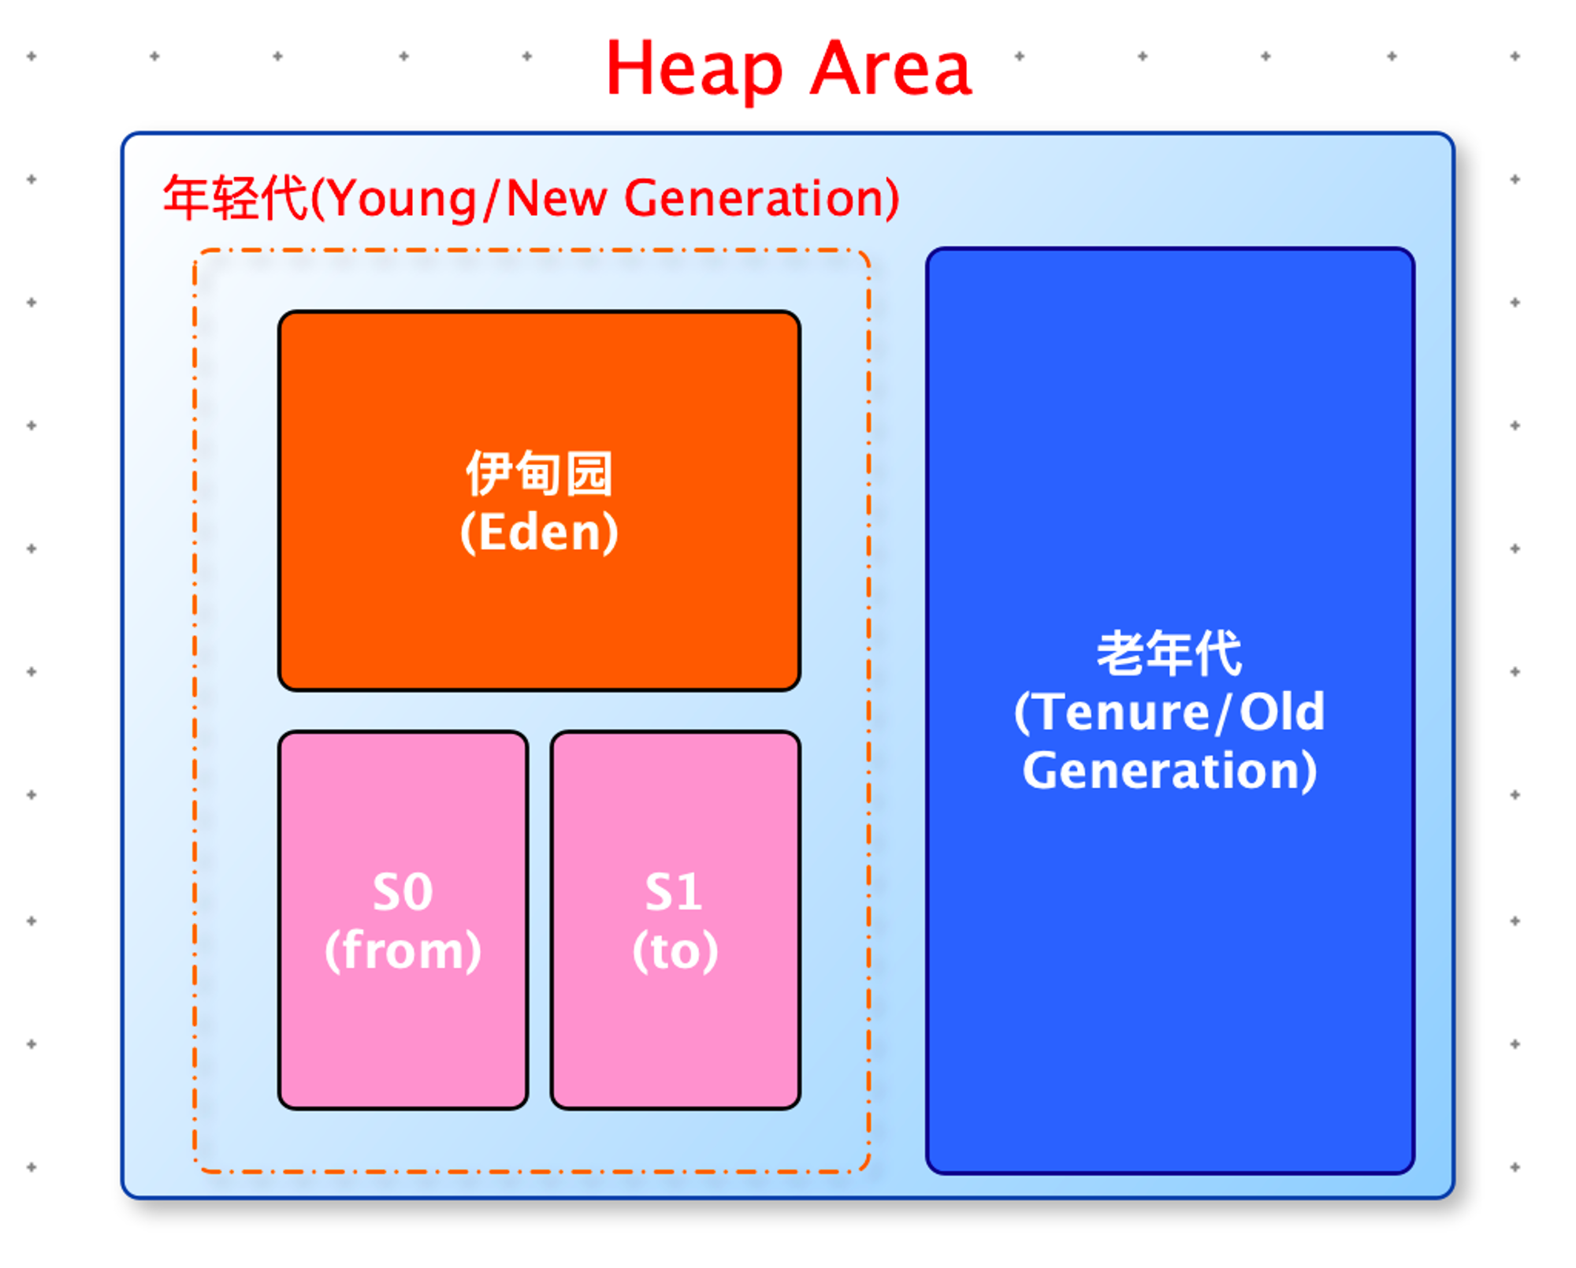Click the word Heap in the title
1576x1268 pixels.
point(694,71)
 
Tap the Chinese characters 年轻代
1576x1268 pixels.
point(235,198)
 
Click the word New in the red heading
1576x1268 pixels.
point(556,198)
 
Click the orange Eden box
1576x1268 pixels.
point(539,500)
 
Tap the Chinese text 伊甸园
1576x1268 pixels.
point(539,473)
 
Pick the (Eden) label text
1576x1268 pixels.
point(539,532)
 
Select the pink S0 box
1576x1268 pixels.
point(403,920)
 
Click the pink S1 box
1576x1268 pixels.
point(675,920)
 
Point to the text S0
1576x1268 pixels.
point(403,892)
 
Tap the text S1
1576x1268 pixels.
point(674,892)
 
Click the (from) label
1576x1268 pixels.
point(403,950)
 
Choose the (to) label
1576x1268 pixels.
point(675,950)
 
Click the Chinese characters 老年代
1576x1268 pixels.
point(1169,653)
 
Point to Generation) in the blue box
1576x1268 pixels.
point(1169,771)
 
